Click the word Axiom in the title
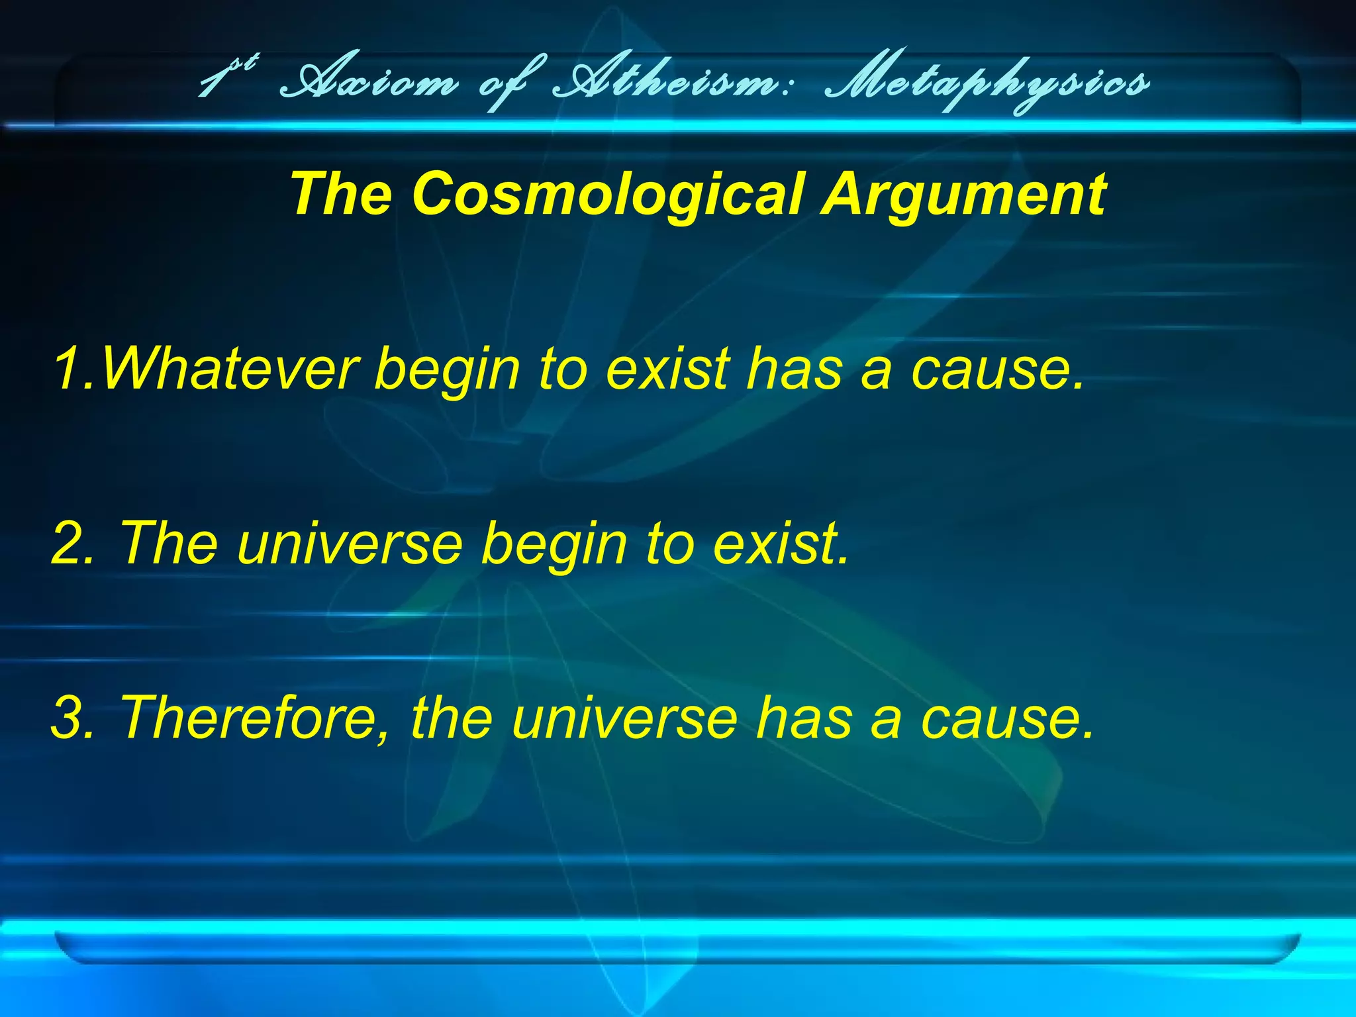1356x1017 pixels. click(368, 83)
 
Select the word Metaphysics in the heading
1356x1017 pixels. click(987, 83)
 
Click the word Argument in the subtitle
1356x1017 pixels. click(963, 194)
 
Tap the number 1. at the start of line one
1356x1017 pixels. click(74, 368)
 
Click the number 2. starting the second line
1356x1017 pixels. click(73, 543)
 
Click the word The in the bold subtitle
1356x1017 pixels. click(342, 194)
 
